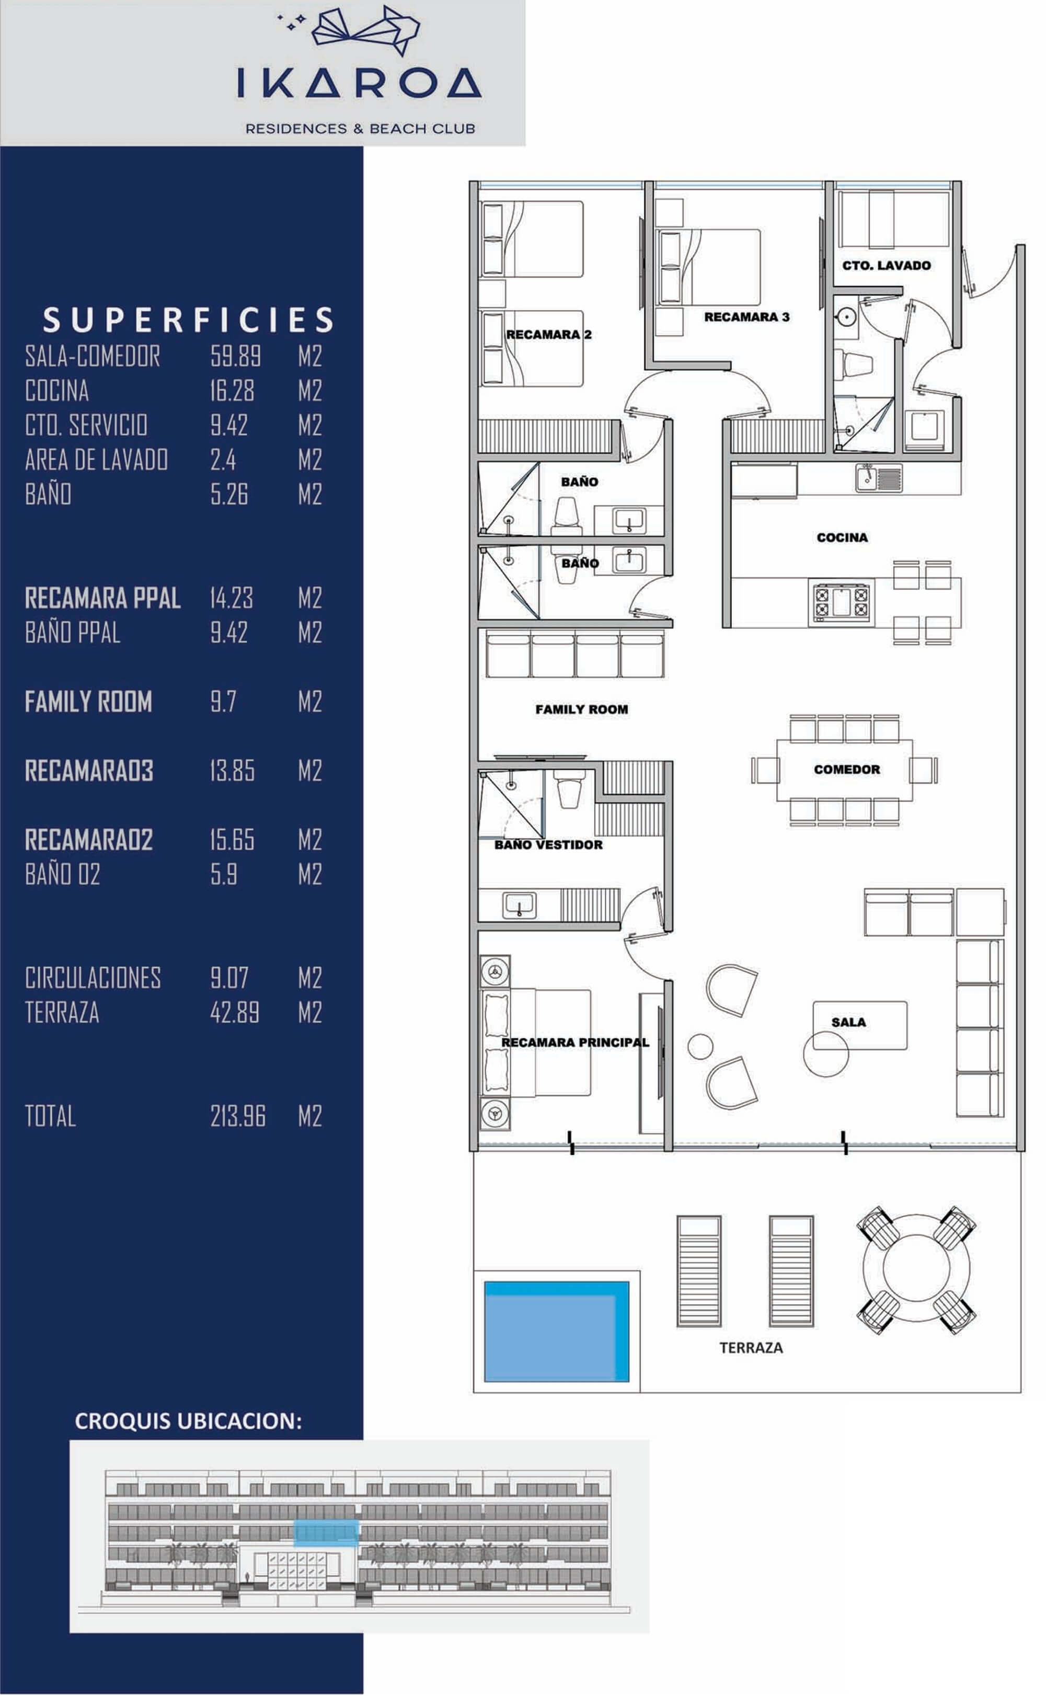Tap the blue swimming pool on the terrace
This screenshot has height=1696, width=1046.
[x=556, y=1332]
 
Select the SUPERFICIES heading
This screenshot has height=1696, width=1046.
[x=188, y=319]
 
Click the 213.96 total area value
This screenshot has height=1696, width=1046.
[x=237, y=1116]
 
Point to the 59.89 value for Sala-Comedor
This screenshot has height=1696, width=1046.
[x=235, y=356]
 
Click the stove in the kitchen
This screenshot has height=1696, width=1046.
[x=841, y=600]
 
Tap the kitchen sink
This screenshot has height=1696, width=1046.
[x=878, y=477]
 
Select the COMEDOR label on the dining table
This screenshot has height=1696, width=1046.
[x=846, y=769]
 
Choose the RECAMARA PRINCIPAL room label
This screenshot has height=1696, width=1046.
[x=575, y=1042]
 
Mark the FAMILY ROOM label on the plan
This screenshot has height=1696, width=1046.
[x=581, y=709]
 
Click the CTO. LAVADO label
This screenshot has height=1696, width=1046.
[x=886, y=266]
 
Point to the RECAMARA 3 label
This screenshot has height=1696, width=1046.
[x=746, y=317]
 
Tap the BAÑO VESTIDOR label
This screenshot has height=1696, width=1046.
[x=548, y=844]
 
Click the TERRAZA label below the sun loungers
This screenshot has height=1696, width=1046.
[x=751, y=1347]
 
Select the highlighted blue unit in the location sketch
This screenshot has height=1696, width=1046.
[x=326, y=1533]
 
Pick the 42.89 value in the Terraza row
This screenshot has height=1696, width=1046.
[x=235, y=1012]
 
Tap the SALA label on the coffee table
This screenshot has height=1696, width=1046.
[x=848, y=1022]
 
